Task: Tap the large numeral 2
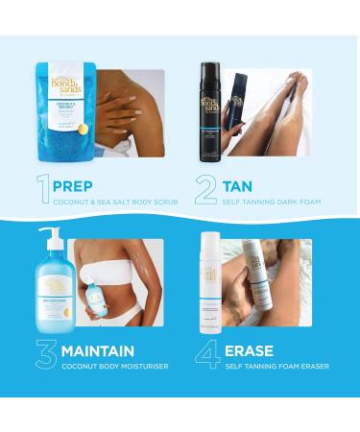click(x=205, y=188)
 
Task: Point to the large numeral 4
click(x=208, y=354)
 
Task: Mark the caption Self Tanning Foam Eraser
click(x=276, y=367)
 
